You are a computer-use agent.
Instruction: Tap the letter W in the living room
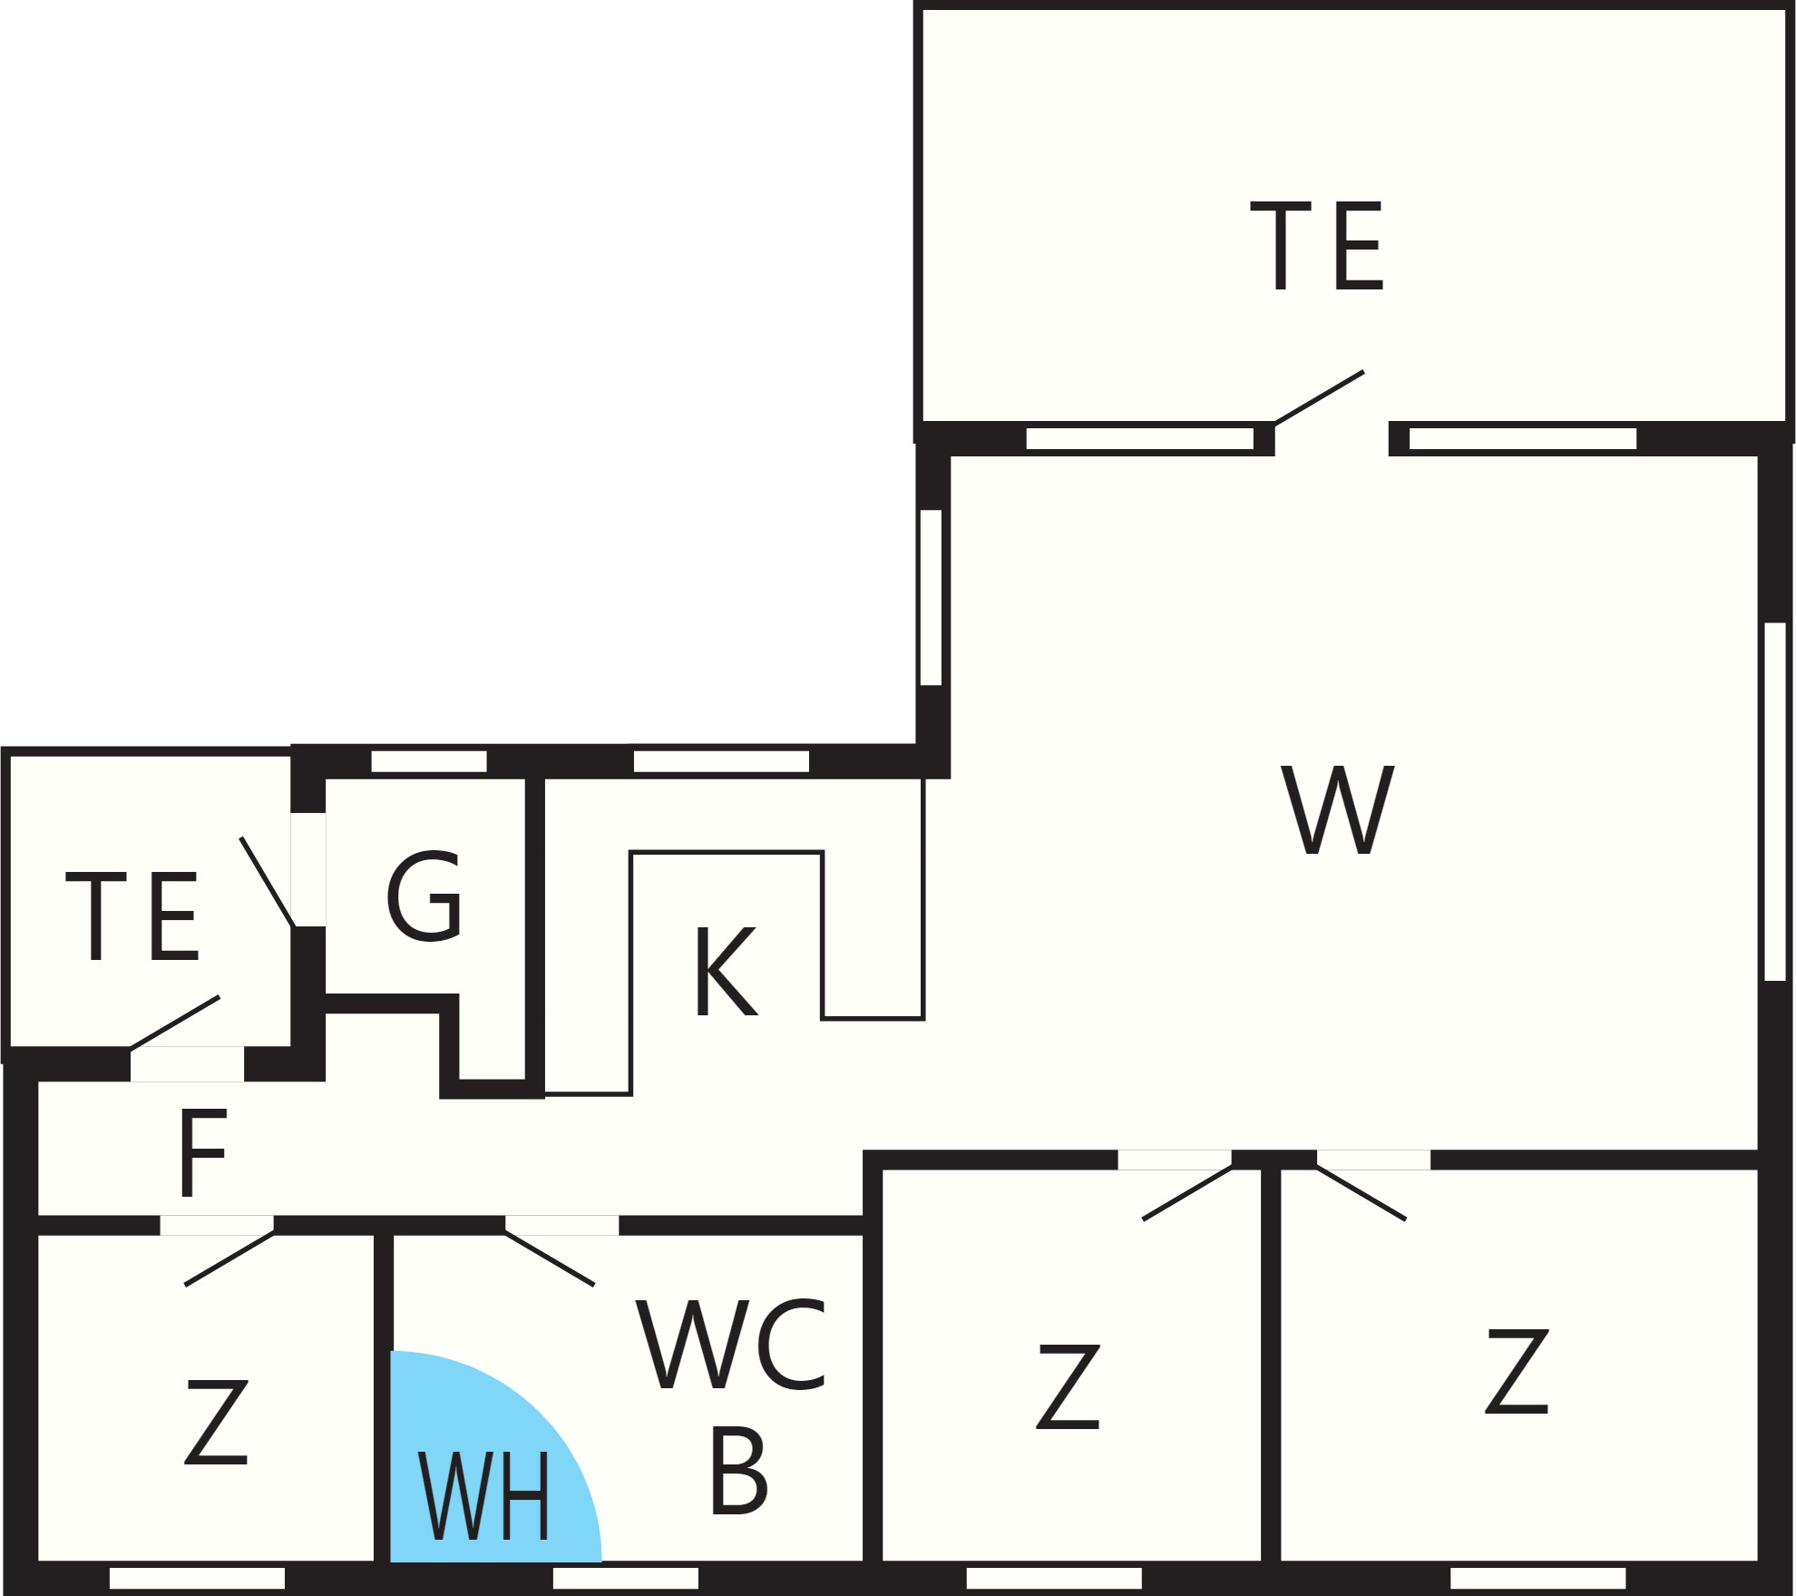pos(1337,809)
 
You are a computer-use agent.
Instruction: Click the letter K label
pos(726,972)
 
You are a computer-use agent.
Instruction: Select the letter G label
pos(425,896)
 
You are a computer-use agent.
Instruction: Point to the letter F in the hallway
pos(202,1153)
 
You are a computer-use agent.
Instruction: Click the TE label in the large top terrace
pos(1316,246)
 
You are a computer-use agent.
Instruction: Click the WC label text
pos(730,1344)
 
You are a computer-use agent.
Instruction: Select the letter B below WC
pos(738,1470)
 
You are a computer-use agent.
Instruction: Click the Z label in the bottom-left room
pos(216,1421)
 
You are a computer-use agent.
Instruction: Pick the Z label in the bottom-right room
pos(1517,1371)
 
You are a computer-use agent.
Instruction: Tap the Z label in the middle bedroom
pos(1069,1386)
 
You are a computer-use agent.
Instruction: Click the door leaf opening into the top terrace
pos(1320,397)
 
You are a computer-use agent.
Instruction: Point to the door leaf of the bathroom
pos(550,1258)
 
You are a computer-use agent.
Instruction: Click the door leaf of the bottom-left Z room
pos(229,1258)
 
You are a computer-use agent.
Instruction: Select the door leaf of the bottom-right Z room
pos(1362,1192)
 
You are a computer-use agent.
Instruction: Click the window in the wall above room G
pos(429,761)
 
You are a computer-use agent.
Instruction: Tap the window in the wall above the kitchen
pos(721,761)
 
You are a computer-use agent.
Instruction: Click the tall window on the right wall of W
pos(1775,801)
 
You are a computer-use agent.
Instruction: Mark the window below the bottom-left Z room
pos(197,1579)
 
